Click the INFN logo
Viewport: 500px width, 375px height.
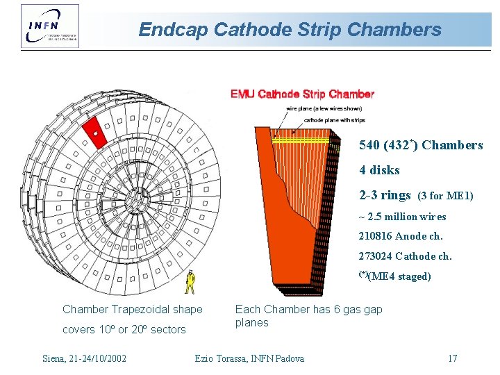coord(50,26)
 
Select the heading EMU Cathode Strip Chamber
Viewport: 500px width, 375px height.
coord(302,94)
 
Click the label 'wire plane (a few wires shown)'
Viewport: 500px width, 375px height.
coord(324,108)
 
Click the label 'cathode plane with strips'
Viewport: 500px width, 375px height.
coord(334,120)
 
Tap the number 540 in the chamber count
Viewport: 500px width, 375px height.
coord(369,145)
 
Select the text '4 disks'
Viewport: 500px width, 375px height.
coord(379,170)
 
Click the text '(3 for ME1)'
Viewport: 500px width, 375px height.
coord(445,197)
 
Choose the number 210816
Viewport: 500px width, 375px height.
coord(375,236)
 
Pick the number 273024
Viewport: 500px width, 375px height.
coord(375,256)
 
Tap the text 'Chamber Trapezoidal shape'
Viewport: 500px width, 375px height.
coord(133,309)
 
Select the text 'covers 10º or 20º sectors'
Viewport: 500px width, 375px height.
coord(124,329)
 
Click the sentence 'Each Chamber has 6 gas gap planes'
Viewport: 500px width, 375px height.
coord(308,316)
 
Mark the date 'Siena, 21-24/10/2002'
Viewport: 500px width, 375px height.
coord(84,358)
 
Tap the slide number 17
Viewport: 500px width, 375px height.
coord(452,358)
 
